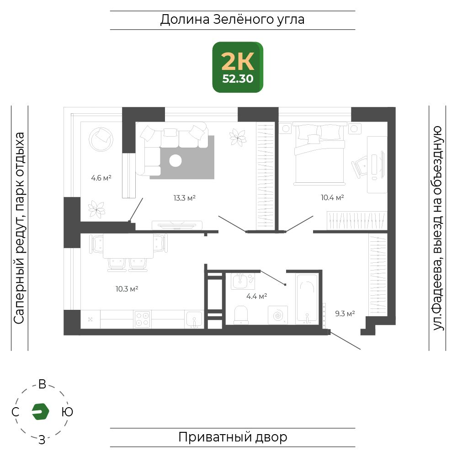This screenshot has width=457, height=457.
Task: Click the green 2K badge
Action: coord(238,67)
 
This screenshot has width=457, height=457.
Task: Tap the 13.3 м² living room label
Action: coord(184,198)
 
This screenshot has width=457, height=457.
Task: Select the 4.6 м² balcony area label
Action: coord(101,178)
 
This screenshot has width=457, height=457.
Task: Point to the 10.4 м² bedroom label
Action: coord(332,197)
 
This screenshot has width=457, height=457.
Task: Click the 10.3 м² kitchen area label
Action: coord(127,289)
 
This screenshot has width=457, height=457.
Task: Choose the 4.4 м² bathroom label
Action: coord(256,297)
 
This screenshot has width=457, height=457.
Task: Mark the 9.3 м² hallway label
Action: coord(345,314)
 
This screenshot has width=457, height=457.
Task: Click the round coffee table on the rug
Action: coord(175,160)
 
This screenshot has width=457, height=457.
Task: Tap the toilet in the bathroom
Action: coord(241,314)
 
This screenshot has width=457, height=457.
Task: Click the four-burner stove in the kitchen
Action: coord(142,319)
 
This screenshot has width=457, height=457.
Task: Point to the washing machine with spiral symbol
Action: coord(278,315)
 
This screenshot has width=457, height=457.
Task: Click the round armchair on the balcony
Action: coord(101,139)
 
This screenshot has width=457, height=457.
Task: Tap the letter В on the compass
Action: coord(42,384)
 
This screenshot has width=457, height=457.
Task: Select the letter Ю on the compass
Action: coord(67,412)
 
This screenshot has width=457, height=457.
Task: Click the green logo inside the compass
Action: coord(41,412)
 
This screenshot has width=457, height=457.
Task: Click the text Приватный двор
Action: coord(233,437)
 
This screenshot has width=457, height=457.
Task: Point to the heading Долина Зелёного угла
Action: coord(232,20)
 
